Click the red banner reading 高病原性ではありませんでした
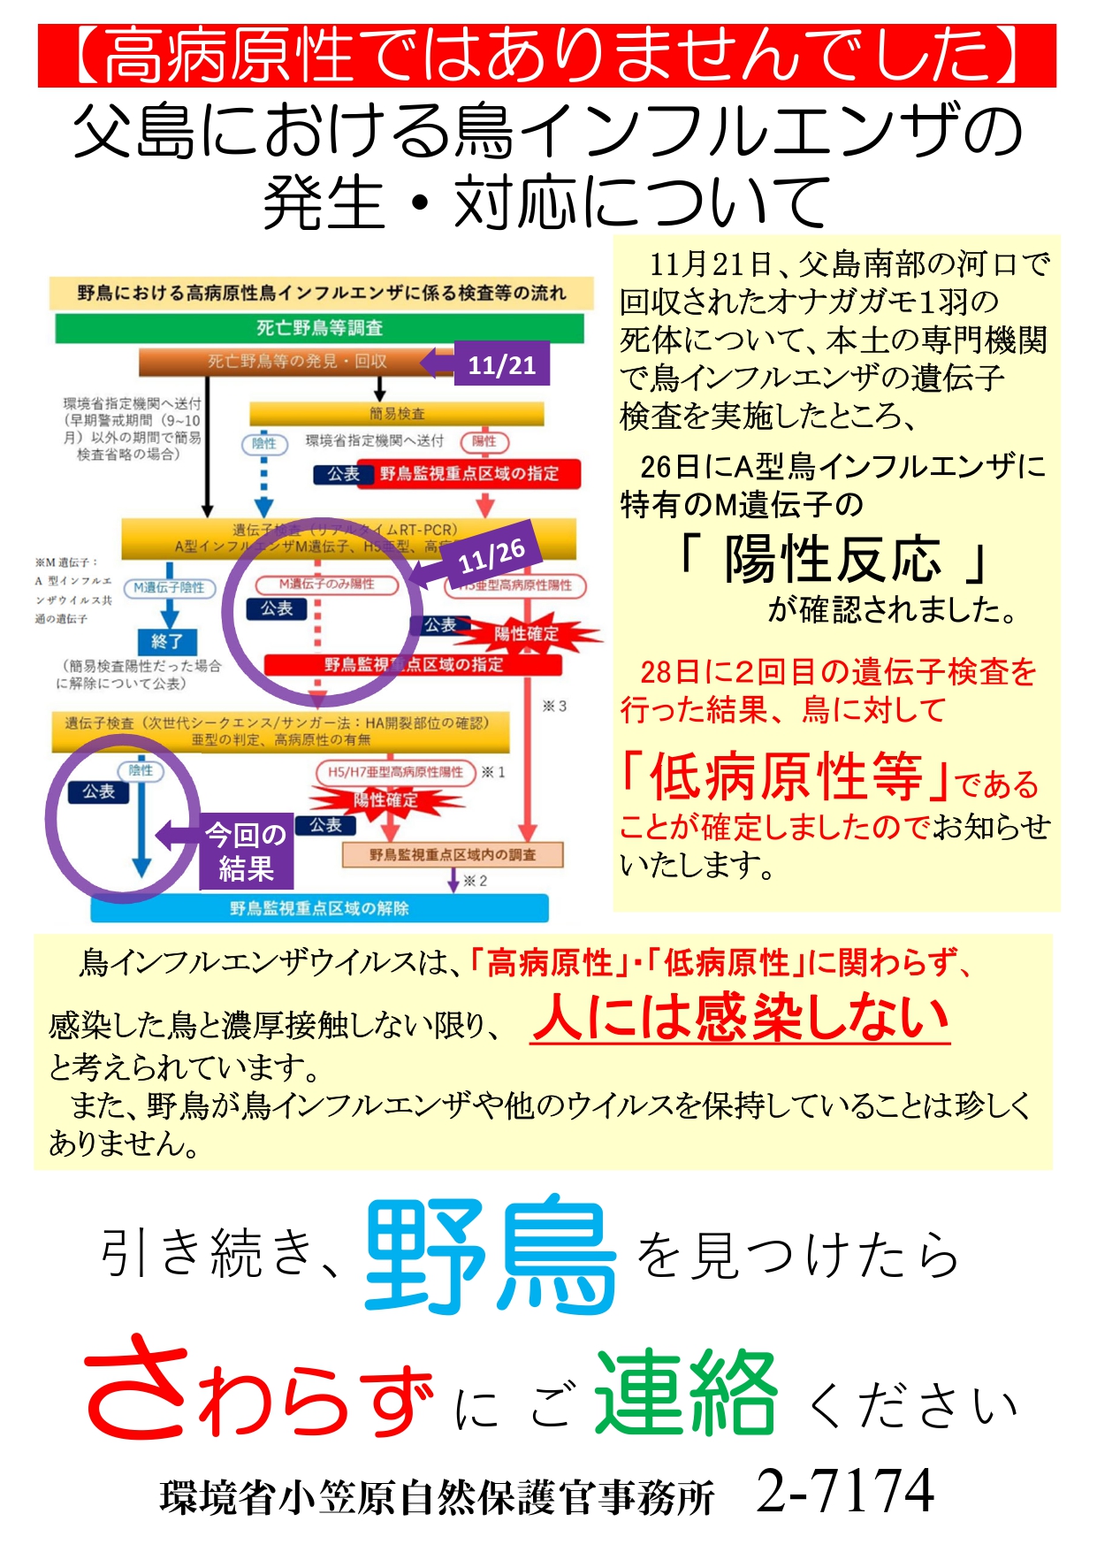(x=546, y=56)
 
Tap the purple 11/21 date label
(x=501, y=363)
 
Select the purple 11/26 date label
(x=491, y=556)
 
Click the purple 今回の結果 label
(x=246, y=851)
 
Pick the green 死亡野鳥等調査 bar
(x=319, y=328)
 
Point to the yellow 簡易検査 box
(x=396, y=413)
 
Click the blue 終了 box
(x=166, y=641)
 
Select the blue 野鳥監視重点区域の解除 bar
(x=319, y=908)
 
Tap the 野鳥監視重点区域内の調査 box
(x=453, y=854)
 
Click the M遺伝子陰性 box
(x=169, y=587)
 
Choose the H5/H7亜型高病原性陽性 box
(x=395, y=772)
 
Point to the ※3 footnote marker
(x=554, y=706)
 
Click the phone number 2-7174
(x=845, y=1491)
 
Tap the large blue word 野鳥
(x=491, y=1254)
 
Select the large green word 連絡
(x=686, y=1392)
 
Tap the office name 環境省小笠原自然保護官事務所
(x=437, y=1497)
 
